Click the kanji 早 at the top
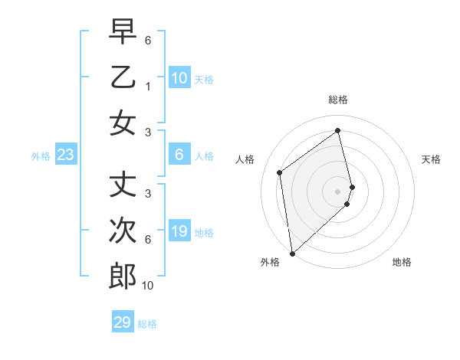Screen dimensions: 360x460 pyautogui.click(x=123, y=31)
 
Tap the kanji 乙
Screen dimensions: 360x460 pyautogui.click(x=123, y=77)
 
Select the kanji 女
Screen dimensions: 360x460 pyautogui.click(x=123, y=123)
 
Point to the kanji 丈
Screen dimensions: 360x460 pyautogui.click(x=123, y=185)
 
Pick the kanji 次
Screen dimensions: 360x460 pyautogui.click(x=123, y=231)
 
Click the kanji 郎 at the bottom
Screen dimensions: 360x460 pyautogui.click(x=123, y=276)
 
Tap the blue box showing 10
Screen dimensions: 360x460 pyautogui.click(x=179, y=77)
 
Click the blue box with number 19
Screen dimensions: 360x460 pyautogui.click(x=179, y=231)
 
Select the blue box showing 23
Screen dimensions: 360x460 pyautogui.click(x=66, y=155)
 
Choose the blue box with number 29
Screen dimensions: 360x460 pyautogui.click(x=123, y=322)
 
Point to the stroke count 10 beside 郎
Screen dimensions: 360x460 pyautogui.click(x=148, y=286)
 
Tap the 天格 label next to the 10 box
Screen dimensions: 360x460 pyautogui.click(x=204, y=79)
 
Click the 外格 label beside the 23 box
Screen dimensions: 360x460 pyautogui.click(x=41, y=156)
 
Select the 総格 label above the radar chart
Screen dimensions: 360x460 pyautogui.click(x=338, y=100)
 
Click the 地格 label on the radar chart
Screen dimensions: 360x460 pyautogui.click(x=402, y=262)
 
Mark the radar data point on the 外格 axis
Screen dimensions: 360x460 pyautogui.click(x=292, y=253)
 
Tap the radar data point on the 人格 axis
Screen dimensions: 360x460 pyautogui.click(x=280, y=172)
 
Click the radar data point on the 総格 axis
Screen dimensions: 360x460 pyautogui.click(x=338, y=130)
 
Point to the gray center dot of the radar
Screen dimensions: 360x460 pyautogui.click(x=338, y=191)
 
